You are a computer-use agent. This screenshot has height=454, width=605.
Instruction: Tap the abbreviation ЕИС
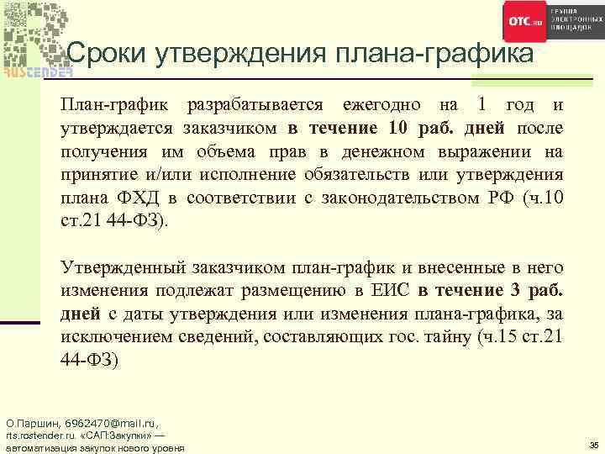click(x=385, y=292)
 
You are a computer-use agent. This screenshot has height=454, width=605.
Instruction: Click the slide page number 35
click(x=593, y=444)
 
